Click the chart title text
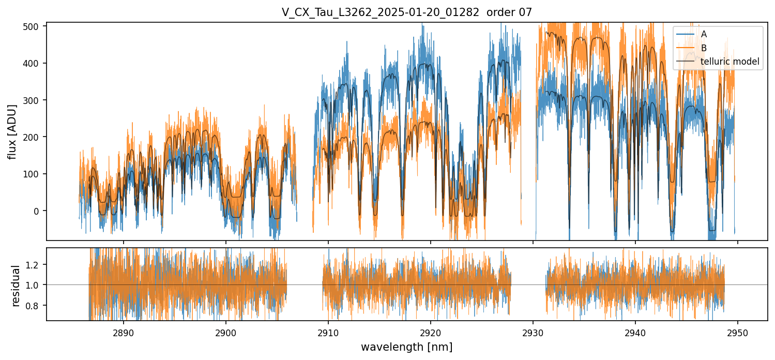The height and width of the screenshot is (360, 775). click(x=406, y=12)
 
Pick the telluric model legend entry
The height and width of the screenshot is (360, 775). click(x=730, y=62)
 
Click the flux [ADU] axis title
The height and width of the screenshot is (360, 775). click(x=12, y=131)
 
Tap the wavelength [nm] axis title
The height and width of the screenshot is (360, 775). click(x=406, y=347)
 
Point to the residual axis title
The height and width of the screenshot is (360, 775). click(x=17, y=286)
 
